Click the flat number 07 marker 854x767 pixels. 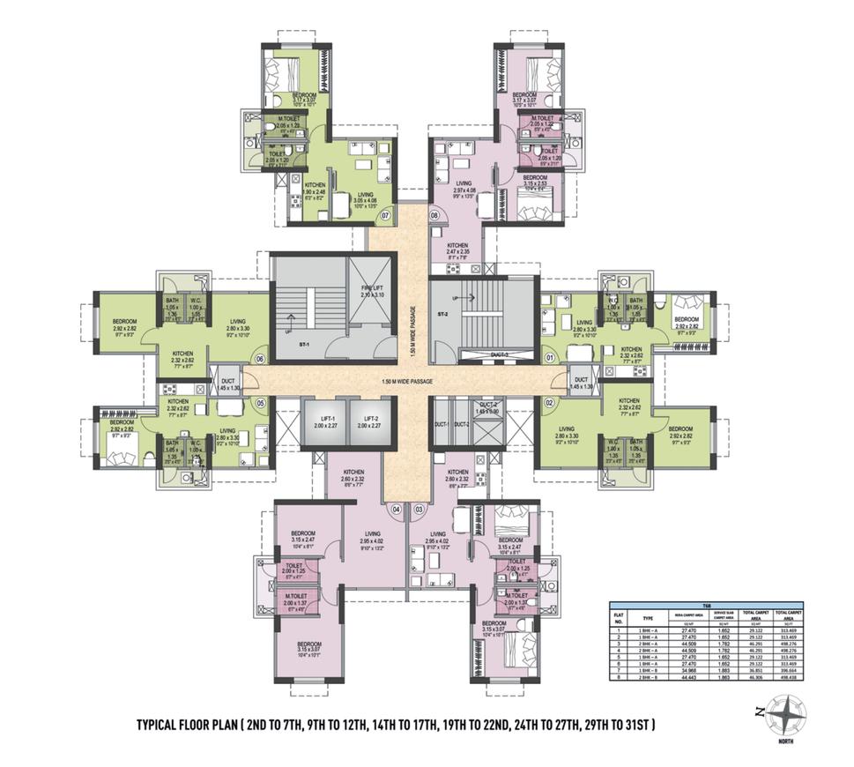coord(384,214)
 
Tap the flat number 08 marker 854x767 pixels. coord(434,214)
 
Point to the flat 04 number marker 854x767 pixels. coord(397,509)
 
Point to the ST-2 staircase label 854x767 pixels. coord(445,312)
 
